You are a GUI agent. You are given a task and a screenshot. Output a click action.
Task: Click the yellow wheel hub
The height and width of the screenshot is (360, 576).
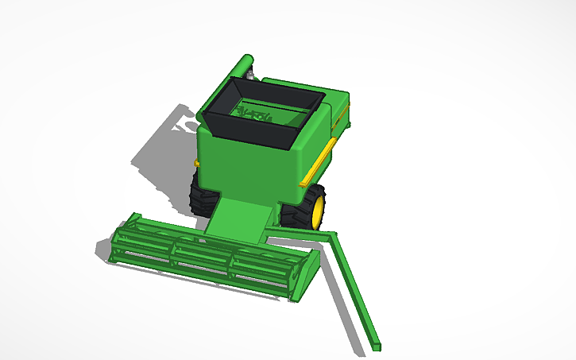click(319, 209)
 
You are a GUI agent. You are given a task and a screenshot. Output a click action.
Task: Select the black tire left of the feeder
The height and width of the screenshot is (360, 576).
click(199, 193)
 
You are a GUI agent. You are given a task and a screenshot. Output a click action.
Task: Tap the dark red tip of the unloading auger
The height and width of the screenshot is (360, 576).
click(375, 346)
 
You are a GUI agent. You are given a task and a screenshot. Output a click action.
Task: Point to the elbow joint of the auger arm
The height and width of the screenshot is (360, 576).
click(330, 235)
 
